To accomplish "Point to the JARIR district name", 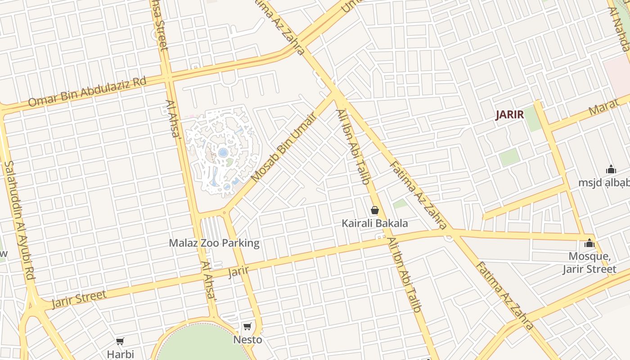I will (x=510, y=115).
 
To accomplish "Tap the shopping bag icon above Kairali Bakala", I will (x=374, y=210).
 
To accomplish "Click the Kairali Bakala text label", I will (x=374, y=223).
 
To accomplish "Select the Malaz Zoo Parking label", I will (x=214, y=243).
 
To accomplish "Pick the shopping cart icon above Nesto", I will (x=247, y=326).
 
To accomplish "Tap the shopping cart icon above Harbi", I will (x=120, y=342).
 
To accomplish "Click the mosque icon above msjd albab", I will (x=611, y=170).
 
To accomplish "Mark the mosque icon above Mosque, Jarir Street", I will (x=589, y=244).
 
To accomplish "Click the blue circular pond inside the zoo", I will (x=223, y=153).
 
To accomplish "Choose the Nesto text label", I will (x=247, y=340).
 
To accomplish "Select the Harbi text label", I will (x=120, y=354).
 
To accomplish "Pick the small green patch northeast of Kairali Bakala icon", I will (x=400, y=204).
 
